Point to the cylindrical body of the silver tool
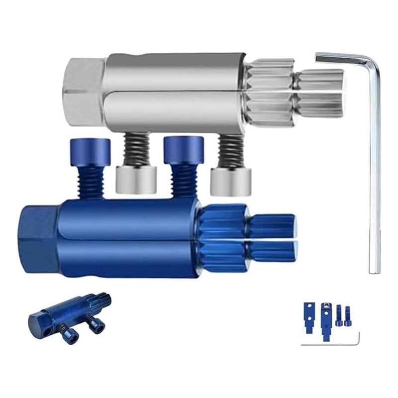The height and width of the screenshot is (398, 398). (x=174, y=92)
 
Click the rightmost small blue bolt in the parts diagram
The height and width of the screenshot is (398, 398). (x=347, y=316)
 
